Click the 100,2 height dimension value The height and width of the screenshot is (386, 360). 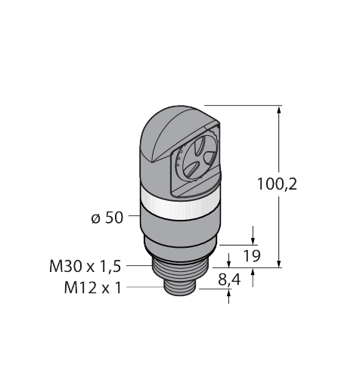297,184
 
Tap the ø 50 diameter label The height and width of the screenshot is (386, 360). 106,218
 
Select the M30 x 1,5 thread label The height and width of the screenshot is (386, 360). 85,266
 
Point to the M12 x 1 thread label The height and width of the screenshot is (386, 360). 95,288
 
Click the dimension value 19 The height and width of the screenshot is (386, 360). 253,256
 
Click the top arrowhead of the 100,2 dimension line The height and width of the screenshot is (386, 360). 281,110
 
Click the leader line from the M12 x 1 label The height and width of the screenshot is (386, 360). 144,287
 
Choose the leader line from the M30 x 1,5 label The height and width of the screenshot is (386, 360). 139,266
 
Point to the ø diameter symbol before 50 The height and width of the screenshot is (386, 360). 95,218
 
